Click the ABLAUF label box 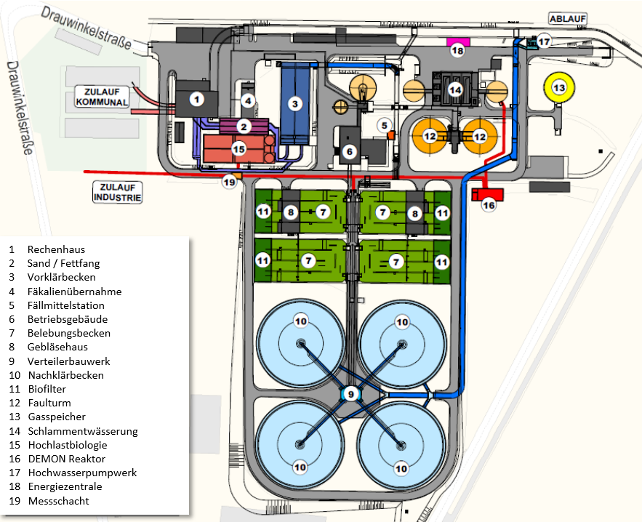click(x=567, y=20)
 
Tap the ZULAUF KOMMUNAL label click(x=102, y=97)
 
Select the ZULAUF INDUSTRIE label click(x=116, y=192)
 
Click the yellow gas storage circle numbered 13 click(x=558, y=88)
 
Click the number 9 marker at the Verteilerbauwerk click(x=350, y=394)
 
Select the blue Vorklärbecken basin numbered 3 click(x=294, y=103)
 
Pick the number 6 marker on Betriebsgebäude click(x=348, y=151)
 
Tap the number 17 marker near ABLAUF click(x=545, y=41)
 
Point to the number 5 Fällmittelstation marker click(x=385, y=124)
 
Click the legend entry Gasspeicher click(x=57, y=417)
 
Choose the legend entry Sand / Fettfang click(x=63, y=264)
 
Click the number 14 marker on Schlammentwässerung click(x=455, y=89)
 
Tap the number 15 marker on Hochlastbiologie click(x=239, y=148)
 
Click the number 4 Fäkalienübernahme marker click(x=248, y=100)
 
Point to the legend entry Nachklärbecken click(x=65, y=375)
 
